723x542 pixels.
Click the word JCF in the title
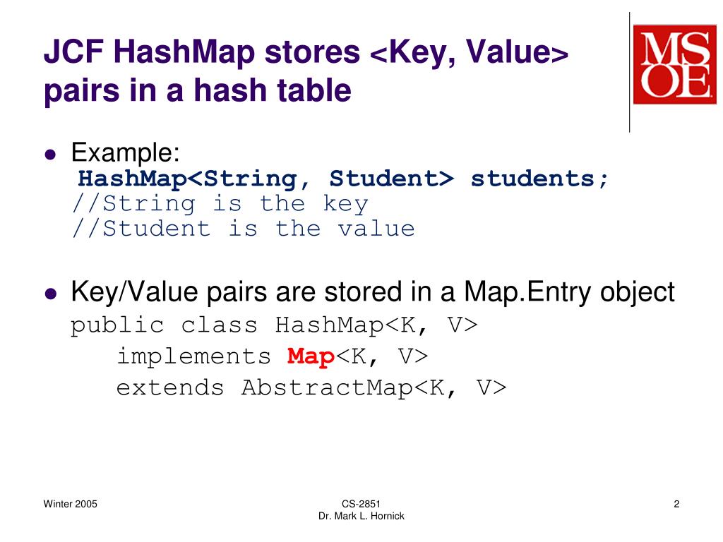click(72, 52)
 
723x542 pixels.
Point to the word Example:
click(126, 151)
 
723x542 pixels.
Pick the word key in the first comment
click(345, 204)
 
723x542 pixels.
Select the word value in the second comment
click(376, 229)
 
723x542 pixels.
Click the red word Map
click(311, 357)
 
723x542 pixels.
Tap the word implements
click(193, 357)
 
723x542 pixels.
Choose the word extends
click(170, 388)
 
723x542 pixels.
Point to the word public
click(117, 326)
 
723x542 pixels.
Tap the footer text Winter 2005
click(71, 504)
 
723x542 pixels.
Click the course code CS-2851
click(361, 504)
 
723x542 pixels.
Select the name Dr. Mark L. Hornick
click(361, 517)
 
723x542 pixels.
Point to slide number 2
click(676, 504)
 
